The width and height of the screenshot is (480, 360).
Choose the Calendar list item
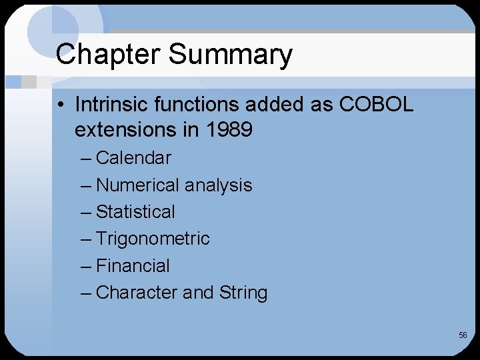tap(133, 158)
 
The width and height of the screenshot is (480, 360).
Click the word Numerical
tap(137, 185)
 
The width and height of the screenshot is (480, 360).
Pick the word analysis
tap(219, 185)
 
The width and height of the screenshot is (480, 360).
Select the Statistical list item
tap(135, 212)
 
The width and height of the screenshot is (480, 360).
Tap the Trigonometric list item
tap(153, 239)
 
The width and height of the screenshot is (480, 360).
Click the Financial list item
tap(133, 266)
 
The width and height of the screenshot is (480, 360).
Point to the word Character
tap(137, 293)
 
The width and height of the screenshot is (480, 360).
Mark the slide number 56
tap(463, 335)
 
